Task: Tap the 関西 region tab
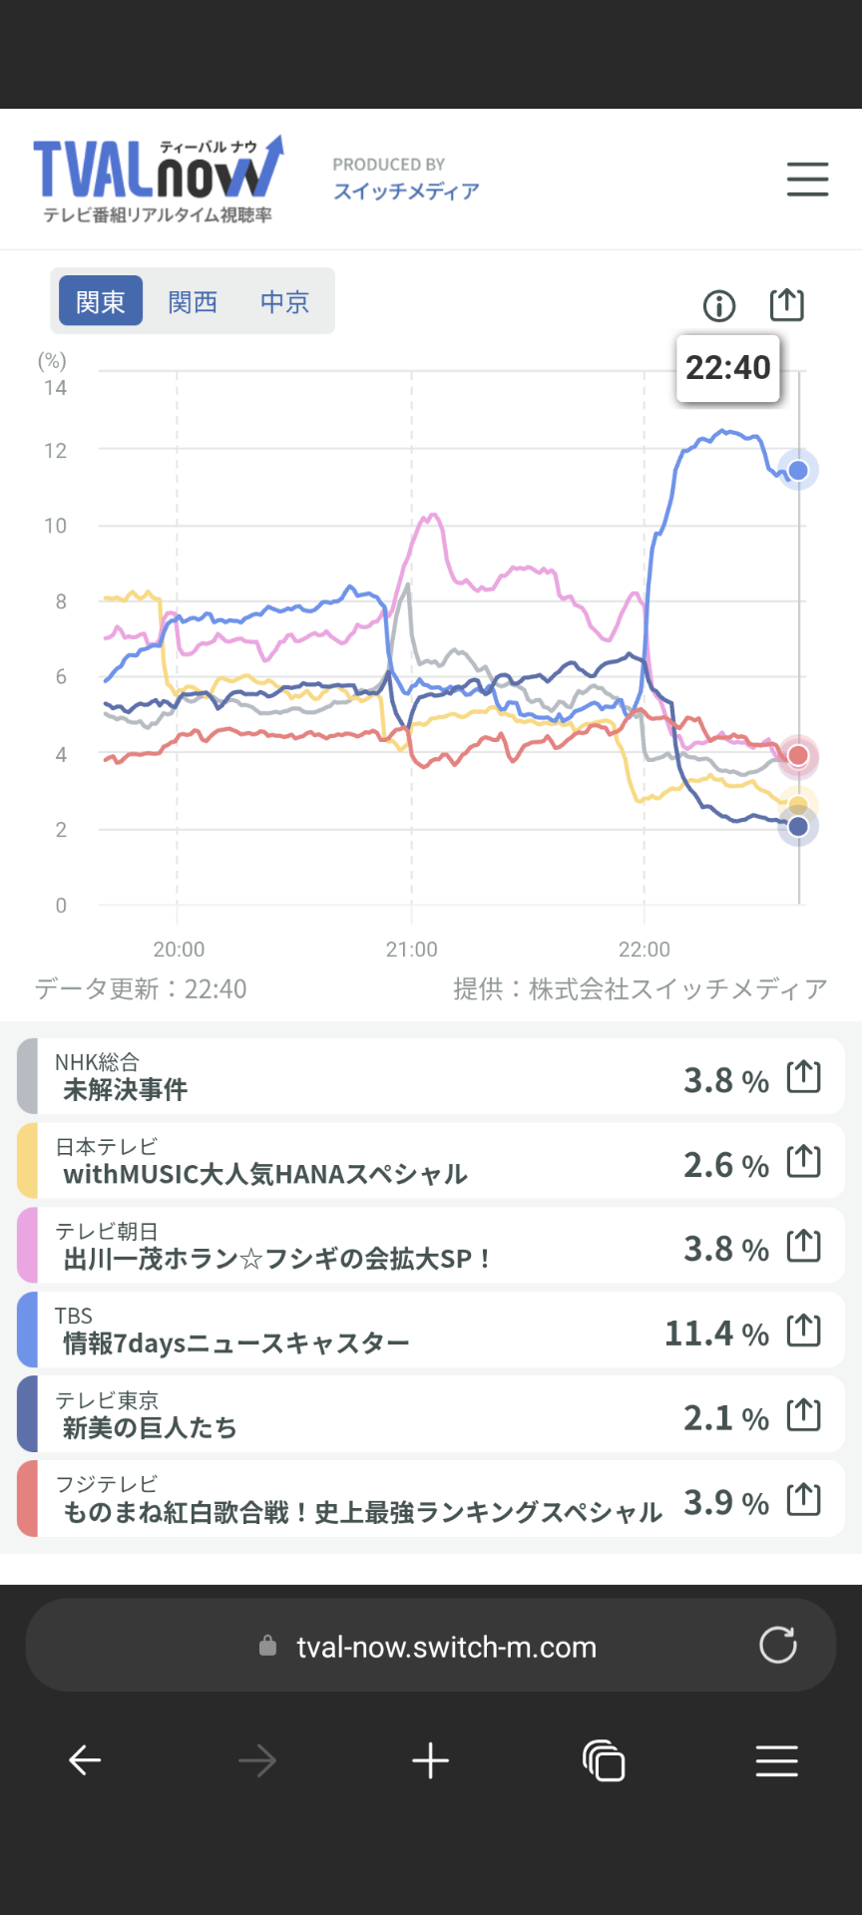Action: click(x=193, y=302)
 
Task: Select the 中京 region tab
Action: click(x=284, y=302)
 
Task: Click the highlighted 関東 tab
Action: click(x=101, y=301)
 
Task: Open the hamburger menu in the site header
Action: click(x=807, y=180)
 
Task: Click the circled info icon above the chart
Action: click(x=719, y=305)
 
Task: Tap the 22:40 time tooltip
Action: click(x=728, y=368)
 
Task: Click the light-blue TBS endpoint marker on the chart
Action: click(x=798, y=470)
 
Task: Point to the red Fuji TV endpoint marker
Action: click(x=798, y=756)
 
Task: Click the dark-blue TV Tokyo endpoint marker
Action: click(x=798, y=826)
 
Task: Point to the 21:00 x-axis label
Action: click(x=411, y=950)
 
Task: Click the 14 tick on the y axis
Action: click(x=55, y=388)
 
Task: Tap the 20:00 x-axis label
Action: click(x=179, y=950)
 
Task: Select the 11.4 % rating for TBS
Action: click(x=716, y=1334)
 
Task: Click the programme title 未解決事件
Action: click(x=126, y=1090)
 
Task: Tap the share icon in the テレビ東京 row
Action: click(x=804, y=1415)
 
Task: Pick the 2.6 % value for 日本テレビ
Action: click(x=725, y=1165)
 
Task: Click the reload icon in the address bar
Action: click(x=778, y=1646)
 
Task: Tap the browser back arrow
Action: click(x=85, y=1761)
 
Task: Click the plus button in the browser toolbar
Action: click(x=431, y=1761)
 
